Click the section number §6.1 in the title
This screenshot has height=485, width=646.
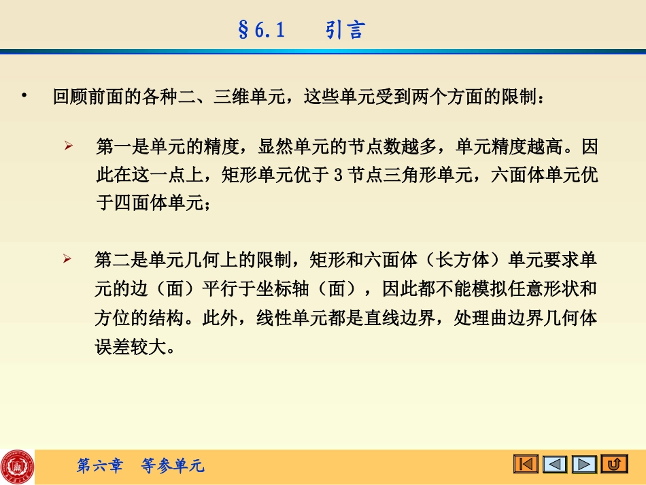[x=262, y=31]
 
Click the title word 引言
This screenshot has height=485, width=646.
[x=345, y=31]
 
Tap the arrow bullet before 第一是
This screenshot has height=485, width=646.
[x=68, y=146]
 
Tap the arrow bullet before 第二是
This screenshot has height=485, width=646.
[x=68, y=259]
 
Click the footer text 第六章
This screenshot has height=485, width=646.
[x=100, y=466]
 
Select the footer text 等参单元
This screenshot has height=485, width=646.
[x=172, y=466]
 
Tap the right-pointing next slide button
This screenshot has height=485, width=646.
[x=584, y=465]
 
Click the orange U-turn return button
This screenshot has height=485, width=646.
[x=615, y=465]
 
